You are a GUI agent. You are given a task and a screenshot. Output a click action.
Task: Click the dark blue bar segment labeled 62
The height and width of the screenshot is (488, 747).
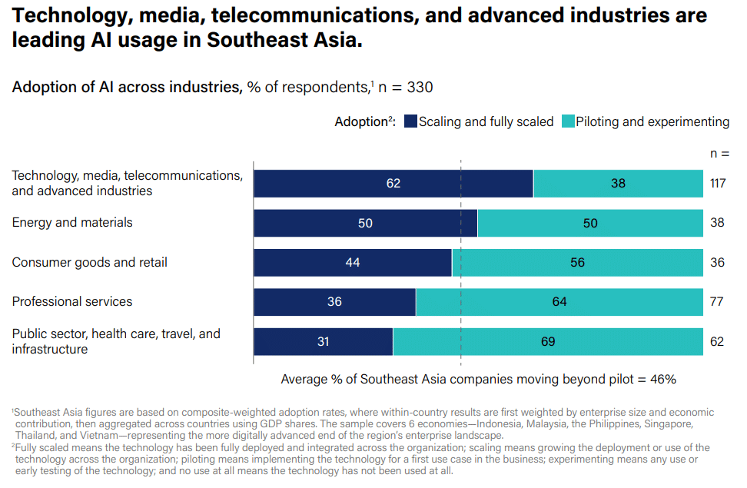(x=393, y=184)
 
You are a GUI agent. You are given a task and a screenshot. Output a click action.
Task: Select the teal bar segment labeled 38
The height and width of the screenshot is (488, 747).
(x=618, y=184)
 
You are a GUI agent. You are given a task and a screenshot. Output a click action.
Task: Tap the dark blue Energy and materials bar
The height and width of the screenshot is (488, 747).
(x=365, y=223)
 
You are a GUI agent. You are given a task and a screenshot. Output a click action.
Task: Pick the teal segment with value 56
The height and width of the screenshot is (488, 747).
(x=577, y=262)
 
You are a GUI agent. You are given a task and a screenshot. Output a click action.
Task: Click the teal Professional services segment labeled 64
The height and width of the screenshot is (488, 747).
(x=559, y=302)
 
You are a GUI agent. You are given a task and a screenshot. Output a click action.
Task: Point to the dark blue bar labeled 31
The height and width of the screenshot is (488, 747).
(x=323, y=341)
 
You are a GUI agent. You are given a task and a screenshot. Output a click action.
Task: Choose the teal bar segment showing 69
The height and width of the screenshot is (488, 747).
(x=548, y=341)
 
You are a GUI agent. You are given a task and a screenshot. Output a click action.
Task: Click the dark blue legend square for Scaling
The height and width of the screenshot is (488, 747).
(x=410, y=121)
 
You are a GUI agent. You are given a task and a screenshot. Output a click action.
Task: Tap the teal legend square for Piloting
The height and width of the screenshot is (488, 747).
(x=568, y=121)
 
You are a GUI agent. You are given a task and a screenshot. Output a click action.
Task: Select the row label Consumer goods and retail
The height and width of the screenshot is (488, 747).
(x=89, y=262)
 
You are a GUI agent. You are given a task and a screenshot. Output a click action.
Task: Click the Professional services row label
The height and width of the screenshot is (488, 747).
(x=72, y=302)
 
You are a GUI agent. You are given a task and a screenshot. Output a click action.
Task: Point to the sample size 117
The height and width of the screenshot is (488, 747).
(x=718, y=184)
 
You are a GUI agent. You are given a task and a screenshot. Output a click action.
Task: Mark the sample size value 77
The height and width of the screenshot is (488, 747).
(x=716, y=302)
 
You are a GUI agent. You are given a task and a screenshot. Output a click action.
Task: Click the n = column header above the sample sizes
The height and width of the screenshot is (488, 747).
(x=719, y=153)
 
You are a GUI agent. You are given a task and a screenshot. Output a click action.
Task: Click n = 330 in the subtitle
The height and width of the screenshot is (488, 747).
(x=407, y=88)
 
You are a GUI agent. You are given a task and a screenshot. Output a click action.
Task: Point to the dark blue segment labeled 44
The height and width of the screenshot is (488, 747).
(x=352, y=262)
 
